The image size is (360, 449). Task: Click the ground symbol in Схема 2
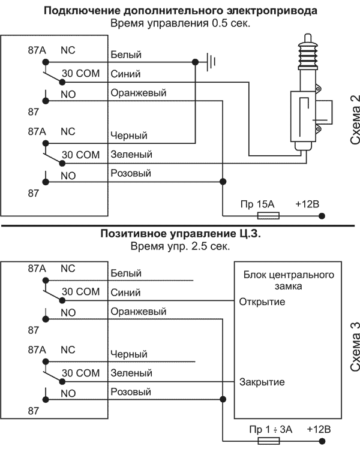point(211,62)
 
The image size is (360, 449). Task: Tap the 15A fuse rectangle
point(268,216)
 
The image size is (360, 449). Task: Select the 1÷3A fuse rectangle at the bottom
point(269,441)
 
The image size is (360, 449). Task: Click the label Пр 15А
point(257,204)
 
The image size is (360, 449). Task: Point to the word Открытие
point(262,302)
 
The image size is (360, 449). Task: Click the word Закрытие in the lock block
point(262,382)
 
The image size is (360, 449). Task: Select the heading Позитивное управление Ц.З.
point(181,234)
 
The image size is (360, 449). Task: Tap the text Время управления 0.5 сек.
point(180,23)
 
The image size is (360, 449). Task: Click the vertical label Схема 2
point(355,120)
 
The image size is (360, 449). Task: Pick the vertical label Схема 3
point(355,346)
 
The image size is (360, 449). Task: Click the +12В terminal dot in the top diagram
point(322,216)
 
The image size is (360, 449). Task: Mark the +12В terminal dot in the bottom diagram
point(322,441)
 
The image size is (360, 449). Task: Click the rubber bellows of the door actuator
point(308,56)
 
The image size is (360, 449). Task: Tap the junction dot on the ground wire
point(195,62)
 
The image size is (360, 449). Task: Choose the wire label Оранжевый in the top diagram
point(139,93)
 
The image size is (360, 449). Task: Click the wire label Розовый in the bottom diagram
point(131,391)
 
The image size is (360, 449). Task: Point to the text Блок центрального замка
point(289,281)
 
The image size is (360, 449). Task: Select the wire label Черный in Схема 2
point(129,135)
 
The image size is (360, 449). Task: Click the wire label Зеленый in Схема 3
point(131,373)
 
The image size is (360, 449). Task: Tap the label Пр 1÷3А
point(271,429)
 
